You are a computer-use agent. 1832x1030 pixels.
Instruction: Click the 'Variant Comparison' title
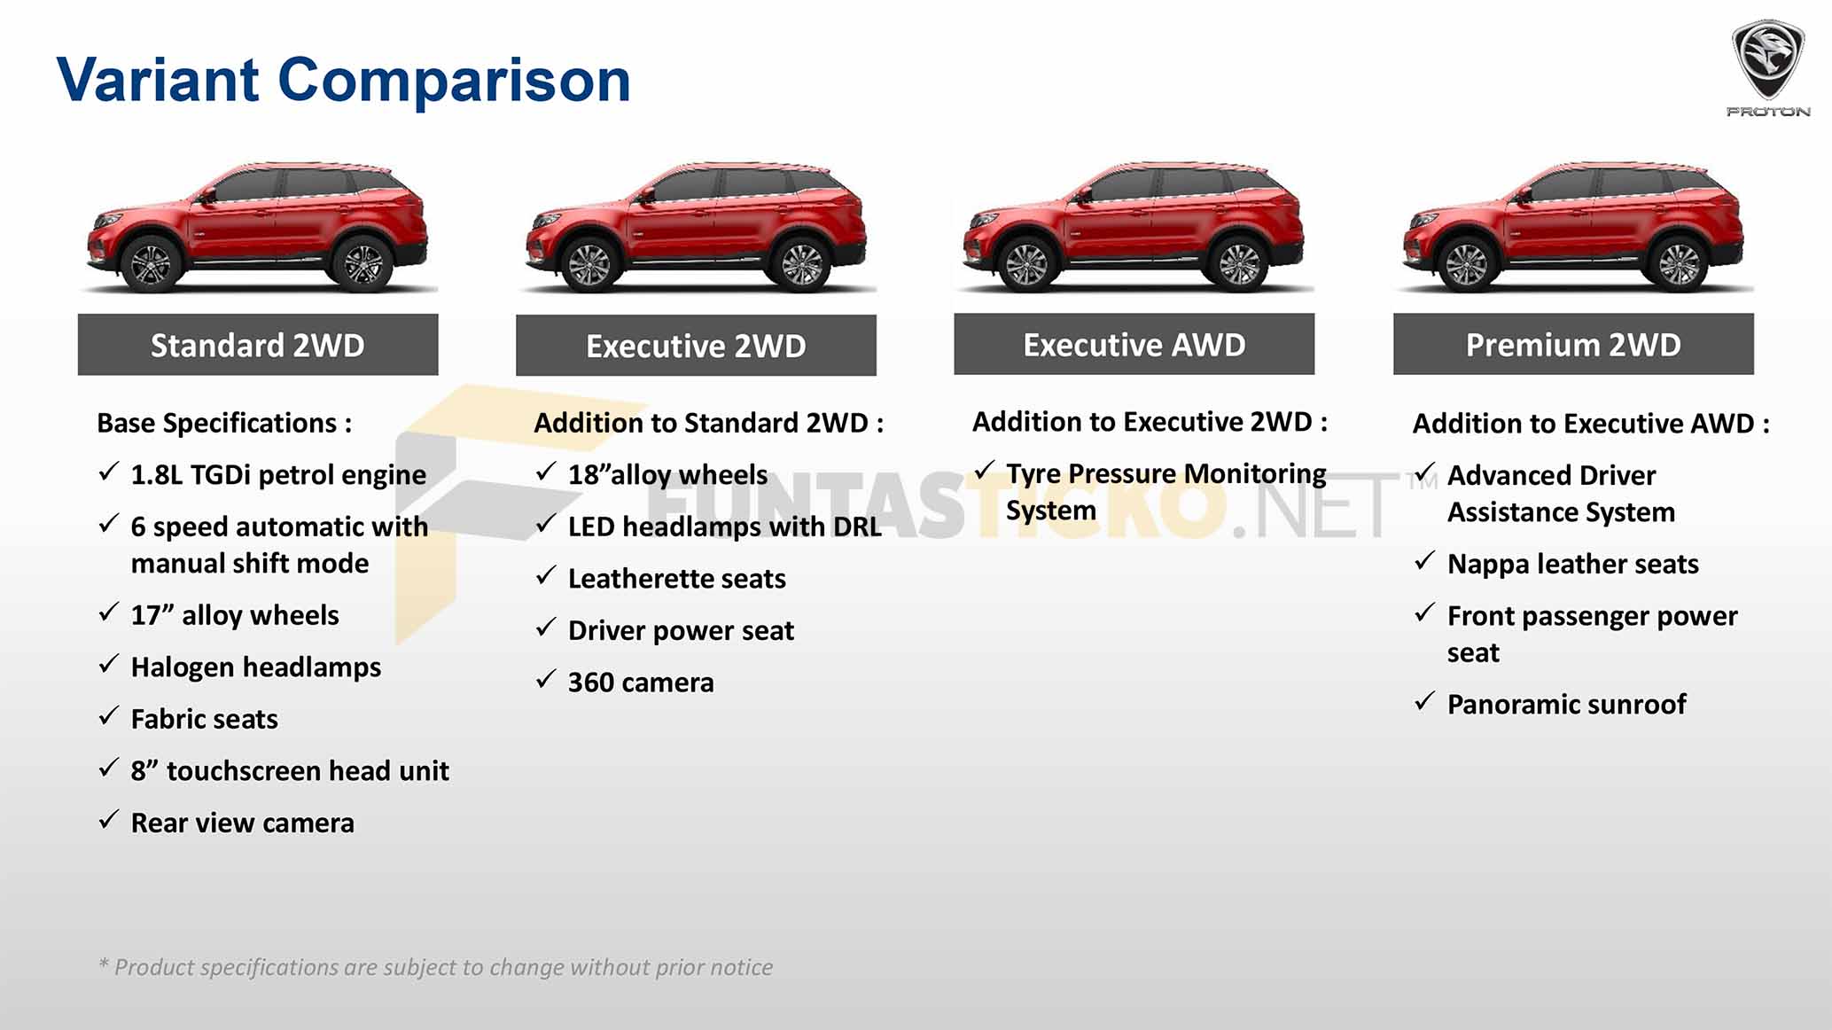(343, 81)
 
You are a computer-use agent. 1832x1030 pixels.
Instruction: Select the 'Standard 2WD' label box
(258, 345)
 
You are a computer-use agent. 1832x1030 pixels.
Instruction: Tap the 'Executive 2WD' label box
(696, 346)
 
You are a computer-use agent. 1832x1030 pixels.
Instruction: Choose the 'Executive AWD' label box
(1134, 344)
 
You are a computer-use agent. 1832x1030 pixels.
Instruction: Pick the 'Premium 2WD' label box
(1573, 344)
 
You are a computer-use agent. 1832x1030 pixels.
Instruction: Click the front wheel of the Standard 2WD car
(150, 263)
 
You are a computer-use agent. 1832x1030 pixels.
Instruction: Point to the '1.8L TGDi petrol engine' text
(278, 475)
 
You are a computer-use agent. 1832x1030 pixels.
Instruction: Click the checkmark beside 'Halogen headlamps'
(109, 664)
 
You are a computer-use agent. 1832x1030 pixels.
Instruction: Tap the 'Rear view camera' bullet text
(242, 823)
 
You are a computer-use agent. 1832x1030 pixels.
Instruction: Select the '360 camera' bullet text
(641, 683)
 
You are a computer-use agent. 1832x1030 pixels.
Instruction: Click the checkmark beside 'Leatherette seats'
(546, 576)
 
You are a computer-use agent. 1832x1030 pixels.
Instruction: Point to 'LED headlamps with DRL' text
(725, 527)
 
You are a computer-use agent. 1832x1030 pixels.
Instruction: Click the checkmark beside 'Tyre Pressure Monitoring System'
(985, 471)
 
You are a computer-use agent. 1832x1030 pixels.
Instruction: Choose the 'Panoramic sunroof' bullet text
(1566, 704)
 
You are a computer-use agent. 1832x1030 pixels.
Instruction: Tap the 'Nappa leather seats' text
(1572, 565)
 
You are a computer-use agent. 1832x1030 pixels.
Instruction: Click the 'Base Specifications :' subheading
(224, 423)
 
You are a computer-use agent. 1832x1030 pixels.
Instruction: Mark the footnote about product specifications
(435, 967)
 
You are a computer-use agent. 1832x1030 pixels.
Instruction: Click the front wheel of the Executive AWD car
(1026, 263)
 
